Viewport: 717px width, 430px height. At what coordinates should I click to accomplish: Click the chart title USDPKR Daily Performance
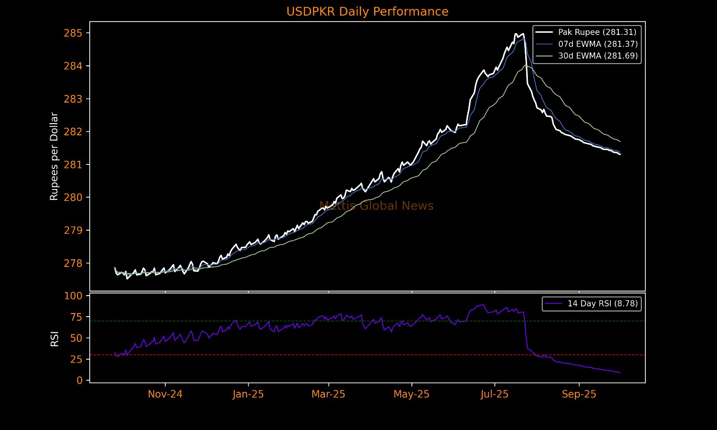coord(367,12)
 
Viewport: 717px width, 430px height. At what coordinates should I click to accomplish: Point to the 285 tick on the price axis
coord(73,33)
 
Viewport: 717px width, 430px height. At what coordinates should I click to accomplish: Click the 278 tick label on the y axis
coord(73,263)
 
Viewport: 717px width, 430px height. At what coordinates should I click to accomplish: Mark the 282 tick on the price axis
coord(73,132)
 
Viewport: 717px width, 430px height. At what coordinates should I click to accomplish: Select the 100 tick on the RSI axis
coord(73,296)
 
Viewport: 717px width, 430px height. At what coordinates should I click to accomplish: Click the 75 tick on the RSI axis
coord(76,317)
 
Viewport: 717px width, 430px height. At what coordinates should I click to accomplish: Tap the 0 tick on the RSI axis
coord(80,380)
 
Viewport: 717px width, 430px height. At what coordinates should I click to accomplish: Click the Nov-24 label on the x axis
coord(165,394)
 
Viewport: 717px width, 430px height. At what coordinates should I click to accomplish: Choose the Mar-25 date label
coord(328,394)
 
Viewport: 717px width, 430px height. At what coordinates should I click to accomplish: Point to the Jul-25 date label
coord(495,394)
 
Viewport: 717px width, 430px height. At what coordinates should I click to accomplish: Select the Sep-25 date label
coord(579,394)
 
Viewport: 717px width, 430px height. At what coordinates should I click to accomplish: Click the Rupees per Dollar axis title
coord(54,156)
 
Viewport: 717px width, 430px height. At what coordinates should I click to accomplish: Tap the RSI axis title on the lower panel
coord(55,339)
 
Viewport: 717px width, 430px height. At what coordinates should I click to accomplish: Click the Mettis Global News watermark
coord(376,206)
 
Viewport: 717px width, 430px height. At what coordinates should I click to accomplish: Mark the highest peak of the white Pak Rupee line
coord(516,34)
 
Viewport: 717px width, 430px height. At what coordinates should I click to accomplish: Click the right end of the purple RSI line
coord(620,373)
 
